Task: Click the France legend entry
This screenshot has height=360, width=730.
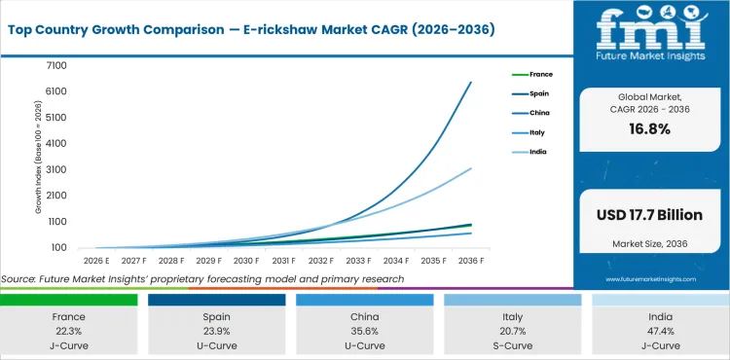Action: coord(540,74)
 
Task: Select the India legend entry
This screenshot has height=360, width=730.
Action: coord(538,152)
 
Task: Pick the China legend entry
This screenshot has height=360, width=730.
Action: coord(539,113)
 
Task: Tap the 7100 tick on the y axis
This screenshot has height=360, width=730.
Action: coord(55,65)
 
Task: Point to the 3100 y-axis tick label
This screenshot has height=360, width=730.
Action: coord(55,169)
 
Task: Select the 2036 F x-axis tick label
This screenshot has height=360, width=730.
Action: coord(472,262)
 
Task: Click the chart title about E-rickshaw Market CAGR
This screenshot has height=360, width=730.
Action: coord(251,29)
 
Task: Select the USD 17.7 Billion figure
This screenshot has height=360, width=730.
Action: coord(651,214)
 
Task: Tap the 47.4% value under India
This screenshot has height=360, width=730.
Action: coord(660,331)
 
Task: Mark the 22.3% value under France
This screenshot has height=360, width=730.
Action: coord(68,331)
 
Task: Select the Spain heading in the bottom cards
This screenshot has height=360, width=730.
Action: coord(216,316)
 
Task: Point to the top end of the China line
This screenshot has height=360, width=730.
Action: coord(472,82)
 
